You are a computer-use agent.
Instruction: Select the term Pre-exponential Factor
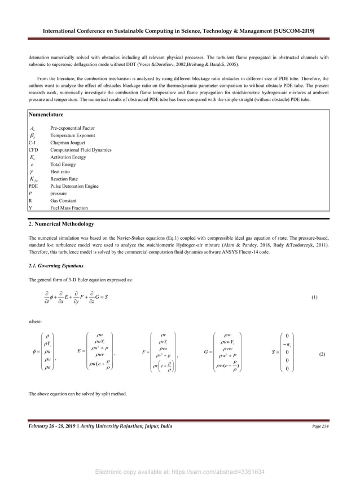[x=72, y=128]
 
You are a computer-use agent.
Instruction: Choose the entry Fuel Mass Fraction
[x=71, y=208]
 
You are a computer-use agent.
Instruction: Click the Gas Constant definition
[x=63, y=200]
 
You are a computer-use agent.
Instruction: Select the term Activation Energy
[x=68, y=157]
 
